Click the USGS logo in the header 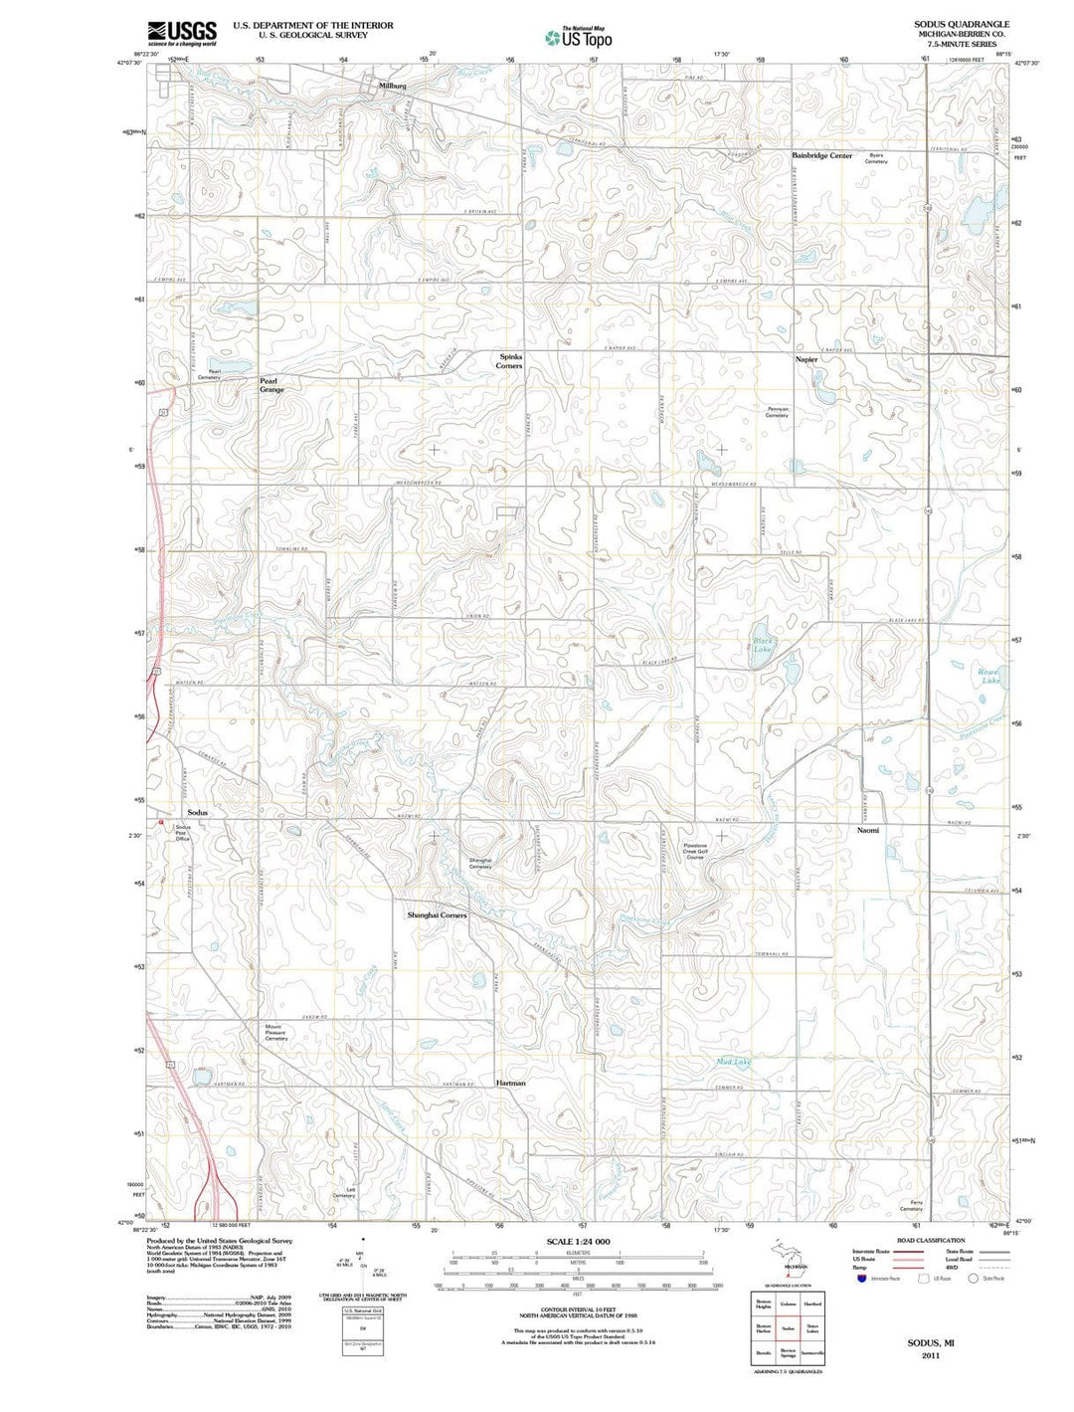pyautogui.click(x=182, y=33)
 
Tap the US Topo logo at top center pyautogui.click(x=579, y=38)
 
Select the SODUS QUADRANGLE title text pyautogui.click(x=955, y=24)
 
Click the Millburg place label pyautogui.click(x=393, y=88)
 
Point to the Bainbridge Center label pyautogui.click(x=821, y=155)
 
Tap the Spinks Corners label pyautogui.click(x=509, y=360)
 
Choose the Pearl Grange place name pyautogui.click(x=271, y=385)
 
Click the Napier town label pyautogui.click(x=805, y=359)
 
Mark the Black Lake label pyautogui.click(x=763, y=645)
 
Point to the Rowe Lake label pyautogui.click(x=989, y=677)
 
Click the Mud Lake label pyautogui.click(x=734, y=1063)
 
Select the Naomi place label pyautogui.click(x=868, y=829)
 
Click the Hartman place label pyautogui.click(x=510, y=1083)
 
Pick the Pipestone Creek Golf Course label pyautogui.click(x=695, y=851)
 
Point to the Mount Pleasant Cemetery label pyautogui.click(x=275, y=1032)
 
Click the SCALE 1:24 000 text pyautogui.click(x=578, y=1242)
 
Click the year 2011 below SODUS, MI pyautogui.click(x=930, y=1355)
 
